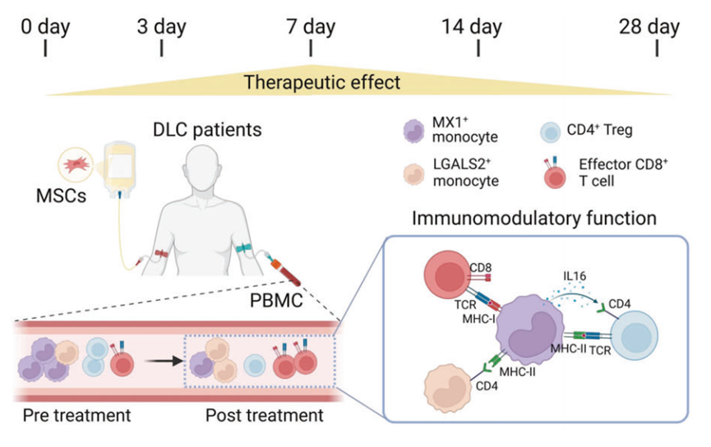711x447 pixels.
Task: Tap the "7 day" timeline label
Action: click(311, 26)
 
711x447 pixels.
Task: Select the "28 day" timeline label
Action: click(650, 26)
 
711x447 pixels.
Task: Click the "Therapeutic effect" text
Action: click(322, 82)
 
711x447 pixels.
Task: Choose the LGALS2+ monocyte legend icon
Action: click(413, 176)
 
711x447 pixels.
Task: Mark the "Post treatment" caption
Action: click(263, 416)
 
